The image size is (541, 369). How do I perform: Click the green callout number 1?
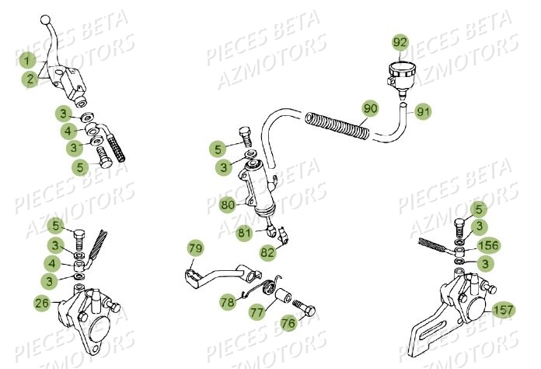click(x=27, y=61)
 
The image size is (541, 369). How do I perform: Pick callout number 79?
click(x=196, y=249)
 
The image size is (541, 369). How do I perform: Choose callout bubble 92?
click(x=400, y=41)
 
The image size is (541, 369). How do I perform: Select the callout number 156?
click(x=488, y=246)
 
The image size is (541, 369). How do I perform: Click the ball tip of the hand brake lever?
click(x=46, y=19)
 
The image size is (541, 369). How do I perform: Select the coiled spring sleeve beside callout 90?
click(x=338, y=125)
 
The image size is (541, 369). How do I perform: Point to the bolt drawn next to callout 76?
click(x=304, y=311)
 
